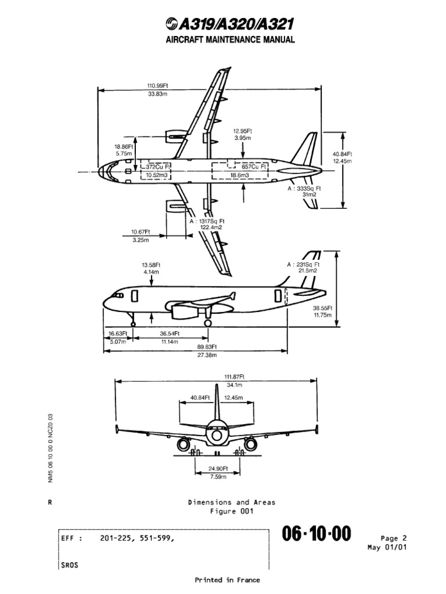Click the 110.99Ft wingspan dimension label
(157, 85)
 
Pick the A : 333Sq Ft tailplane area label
(304, 189)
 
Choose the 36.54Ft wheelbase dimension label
(170, 334)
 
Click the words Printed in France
(226, 580)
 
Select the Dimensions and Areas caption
(231, 502)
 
